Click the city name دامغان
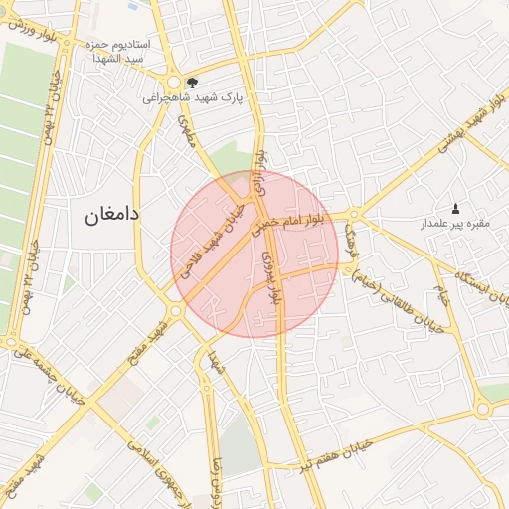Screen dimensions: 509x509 [102, 214]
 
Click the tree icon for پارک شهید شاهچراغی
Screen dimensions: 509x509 [192, 83]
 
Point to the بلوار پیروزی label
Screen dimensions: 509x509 [271, 277]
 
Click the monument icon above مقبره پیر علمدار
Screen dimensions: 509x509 [455, 208]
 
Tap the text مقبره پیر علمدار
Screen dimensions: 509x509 [454, 224]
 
